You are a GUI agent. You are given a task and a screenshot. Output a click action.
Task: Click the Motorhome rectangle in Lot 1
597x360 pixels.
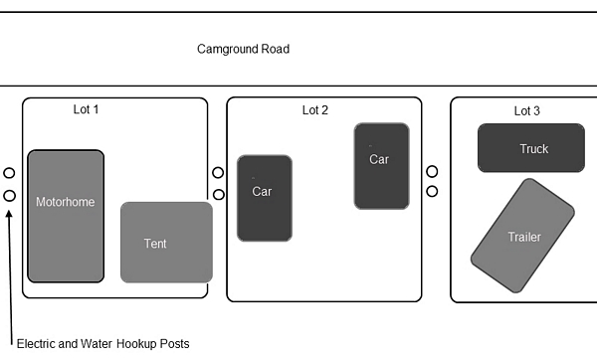66,216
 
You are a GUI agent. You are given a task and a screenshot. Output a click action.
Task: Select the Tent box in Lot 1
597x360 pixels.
166,243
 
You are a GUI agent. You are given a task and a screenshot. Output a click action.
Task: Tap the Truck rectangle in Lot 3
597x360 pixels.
531,148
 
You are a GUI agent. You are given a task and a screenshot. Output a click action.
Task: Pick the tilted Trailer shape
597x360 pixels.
522,236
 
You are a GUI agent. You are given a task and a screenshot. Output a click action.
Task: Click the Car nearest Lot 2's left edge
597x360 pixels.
265,198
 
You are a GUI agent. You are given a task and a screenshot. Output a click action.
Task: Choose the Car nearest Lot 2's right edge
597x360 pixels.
381,166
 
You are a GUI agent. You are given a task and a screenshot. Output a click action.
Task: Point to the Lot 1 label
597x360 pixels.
86,109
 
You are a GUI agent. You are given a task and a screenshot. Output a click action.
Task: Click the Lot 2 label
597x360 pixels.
315,110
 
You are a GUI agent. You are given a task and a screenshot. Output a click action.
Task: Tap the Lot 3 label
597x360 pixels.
527,111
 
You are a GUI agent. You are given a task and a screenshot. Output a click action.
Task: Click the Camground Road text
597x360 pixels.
244,49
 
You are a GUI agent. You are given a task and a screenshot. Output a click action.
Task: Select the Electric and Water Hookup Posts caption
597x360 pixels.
103,344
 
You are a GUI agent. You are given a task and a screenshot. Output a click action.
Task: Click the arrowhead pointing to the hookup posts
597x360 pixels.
9,214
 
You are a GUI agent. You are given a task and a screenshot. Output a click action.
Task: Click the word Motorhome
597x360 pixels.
66,202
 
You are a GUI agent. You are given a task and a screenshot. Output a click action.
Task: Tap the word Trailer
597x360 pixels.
524,237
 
